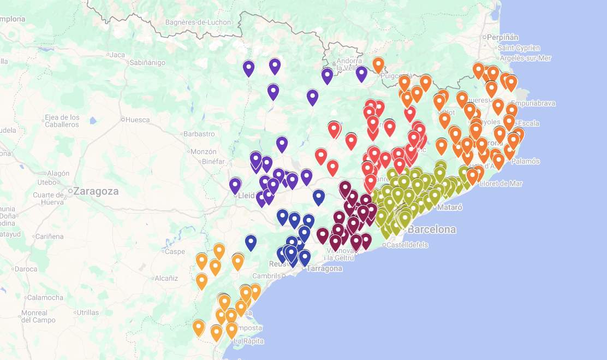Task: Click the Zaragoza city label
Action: click(96, 191)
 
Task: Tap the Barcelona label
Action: click(431, 229)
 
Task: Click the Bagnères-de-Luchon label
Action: click(198, 22)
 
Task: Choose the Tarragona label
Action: click(325, 268)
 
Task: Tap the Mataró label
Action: click(450, 208)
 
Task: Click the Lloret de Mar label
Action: click(501, 184)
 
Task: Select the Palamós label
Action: click(526, 161)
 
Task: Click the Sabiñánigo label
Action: click(147, 63)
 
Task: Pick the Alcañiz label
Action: click(166, 278)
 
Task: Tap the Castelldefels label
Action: click(408, 245)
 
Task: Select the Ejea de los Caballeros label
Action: click(62, 121)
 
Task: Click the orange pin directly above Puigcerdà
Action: click(378, 64)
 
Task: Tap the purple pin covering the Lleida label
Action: click(235, 185)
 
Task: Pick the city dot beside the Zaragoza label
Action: click(70, 191)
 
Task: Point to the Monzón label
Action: click(204, 151)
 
